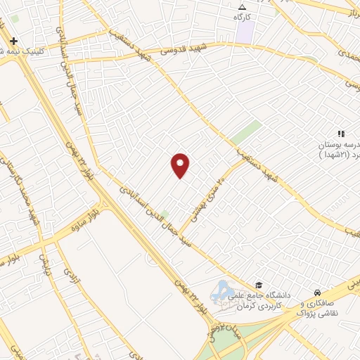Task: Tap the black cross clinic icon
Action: tap(13, 41)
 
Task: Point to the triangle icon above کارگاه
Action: tap(243, 6)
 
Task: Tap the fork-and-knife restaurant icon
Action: tap(340, 134)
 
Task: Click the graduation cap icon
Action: tap(259, 285)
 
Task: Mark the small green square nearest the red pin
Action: tap(165, 214)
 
